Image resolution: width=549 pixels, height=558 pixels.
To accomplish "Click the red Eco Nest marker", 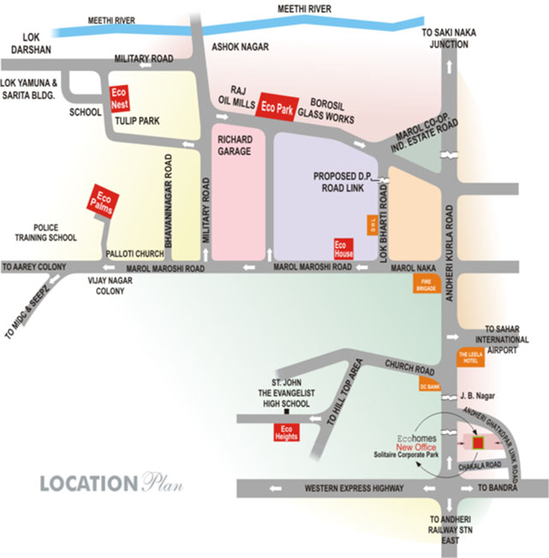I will pyautogui.click(x=119, y=99).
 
